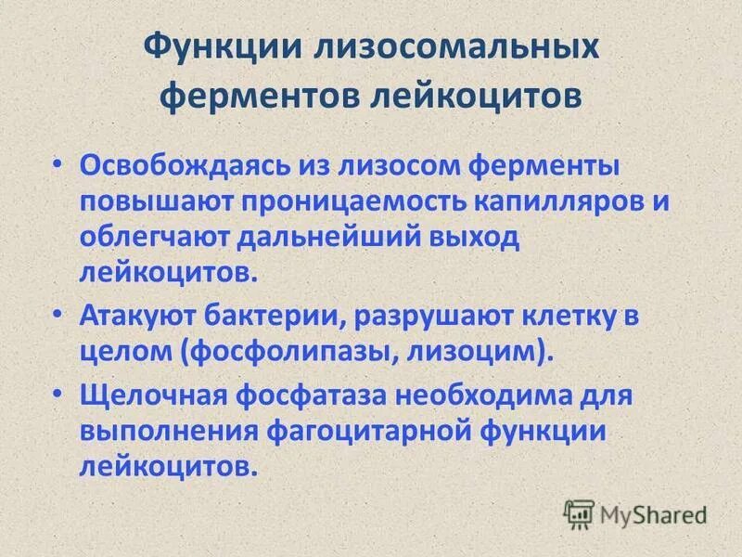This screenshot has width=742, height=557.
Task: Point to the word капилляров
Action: pos(553,202)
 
